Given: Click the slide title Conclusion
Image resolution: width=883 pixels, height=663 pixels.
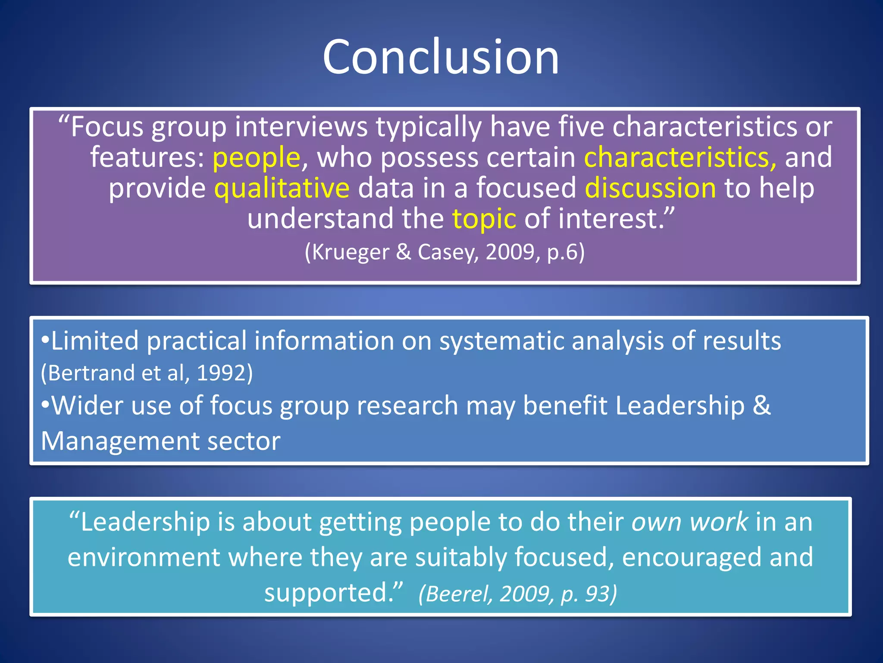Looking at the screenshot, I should [x=441, y=57].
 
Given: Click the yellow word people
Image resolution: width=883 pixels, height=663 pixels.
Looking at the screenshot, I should [x=256, y=158].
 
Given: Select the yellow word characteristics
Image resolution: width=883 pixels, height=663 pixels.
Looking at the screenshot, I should [x=679, y=157].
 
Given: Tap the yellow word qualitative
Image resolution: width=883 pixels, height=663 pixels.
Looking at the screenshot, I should [x=282, y=189].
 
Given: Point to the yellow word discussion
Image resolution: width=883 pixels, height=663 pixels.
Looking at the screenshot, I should [x=650, y=188].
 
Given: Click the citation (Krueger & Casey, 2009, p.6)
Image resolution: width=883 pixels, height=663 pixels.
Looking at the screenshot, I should [x=445, y=252].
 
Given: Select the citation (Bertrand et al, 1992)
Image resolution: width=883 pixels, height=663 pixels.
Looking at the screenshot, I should [x=147, y=373].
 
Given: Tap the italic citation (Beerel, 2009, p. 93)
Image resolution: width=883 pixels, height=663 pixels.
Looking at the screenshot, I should [x=517, y=594].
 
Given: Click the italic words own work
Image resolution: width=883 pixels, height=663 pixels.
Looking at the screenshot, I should [x=689, y=522].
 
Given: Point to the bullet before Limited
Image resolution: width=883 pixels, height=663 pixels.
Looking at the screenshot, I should [x=45, y=341].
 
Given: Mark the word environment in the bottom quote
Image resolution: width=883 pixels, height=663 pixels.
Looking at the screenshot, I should [x=144, y=557].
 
